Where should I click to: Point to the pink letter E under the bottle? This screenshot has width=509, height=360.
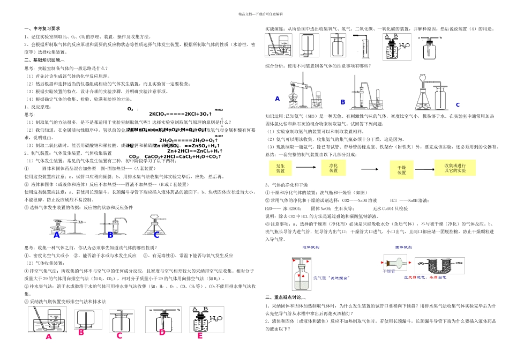point(200,335)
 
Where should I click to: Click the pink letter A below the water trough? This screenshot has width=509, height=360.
point(48,336)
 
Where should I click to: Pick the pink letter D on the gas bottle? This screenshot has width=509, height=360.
point(162,333)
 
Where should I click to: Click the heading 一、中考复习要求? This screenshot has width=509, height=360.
point(42,28)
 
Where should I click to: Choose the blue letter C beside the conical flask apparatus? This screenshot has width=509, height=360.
point(458,105)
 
